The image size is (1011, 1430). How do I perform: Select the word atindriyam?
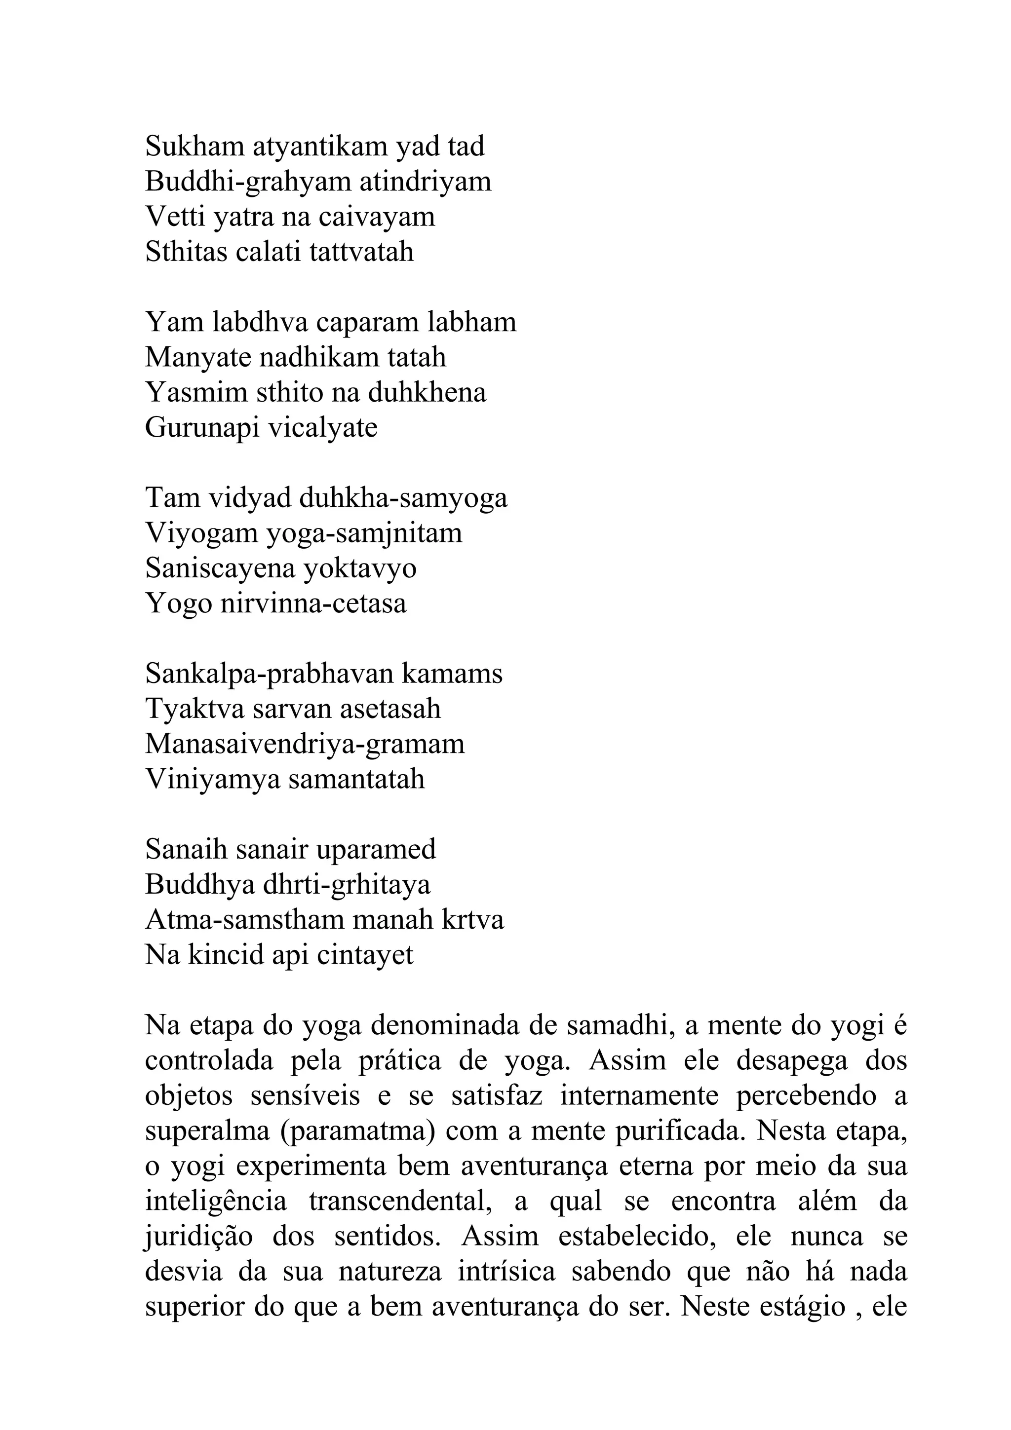click(426, 182)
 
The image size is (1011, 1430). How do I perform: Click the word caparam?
click(367, 323)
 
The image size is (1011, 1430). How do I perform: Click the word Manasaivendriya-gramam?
click(305, 744)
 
